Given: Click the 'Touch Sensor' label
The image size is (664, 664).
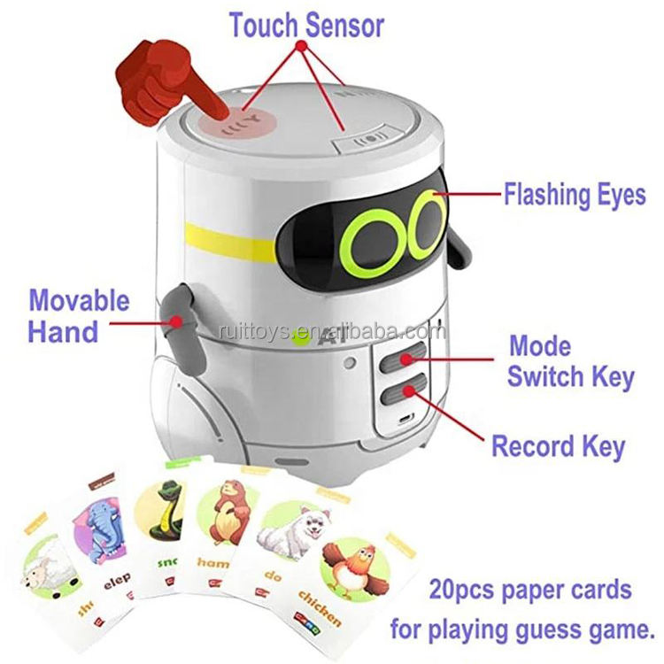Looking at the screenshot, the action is pos(306,25).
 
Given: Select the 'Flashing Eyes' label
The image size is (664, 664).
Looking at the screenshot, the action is pos(575,194).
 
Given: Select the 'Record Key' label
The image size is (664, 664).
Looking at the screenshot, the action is pos(558,446).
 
